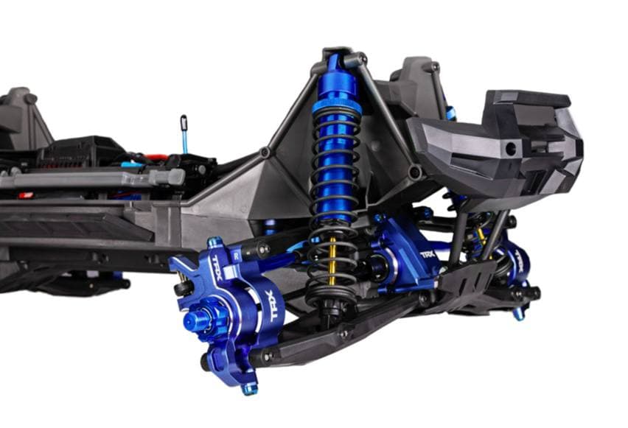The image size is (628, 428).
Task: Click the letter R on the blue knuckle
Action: pos(237,256)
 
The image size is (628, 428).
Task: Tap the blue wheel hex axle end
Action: pos(197,319)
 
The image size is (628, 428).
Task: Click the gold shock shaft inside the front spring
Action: pos(332,261)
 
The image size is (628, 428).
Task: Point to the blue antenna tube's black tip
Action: pos(184,123)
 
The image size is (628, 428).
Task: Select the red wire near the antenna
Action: pos(156,158)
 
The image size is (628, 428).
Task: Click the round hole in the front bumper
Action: pos(511,149)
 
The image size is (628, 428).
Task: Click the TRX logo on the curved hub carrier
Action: pos(276,306)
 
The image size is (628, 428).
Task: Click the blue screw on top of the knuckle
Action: pos(214,242)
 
